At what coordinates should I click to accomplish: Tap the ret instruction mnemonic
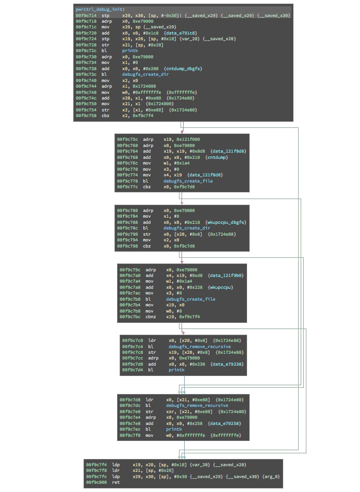[115, 482]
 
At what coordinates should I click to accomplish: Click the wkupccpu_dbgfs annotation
[227, 222]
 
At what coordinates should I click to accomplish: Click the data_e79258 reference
[224, 423]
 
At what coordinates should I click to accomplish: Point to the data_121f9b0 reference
[227, 276]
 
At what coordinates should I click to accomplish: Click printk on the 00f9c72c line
[129, 52]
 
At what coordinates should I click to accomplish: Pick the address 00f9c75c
[126, 139]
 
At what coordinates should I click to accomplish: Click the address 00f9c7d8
[129, 400]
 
